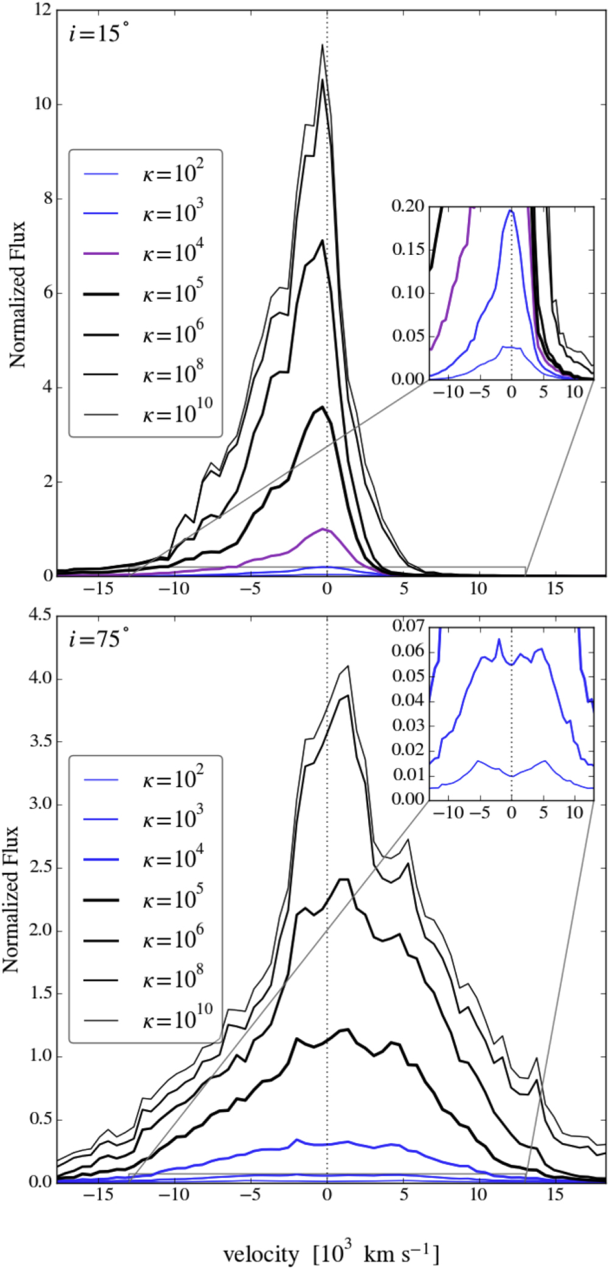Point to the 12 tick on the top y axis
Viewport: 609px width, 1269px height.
click(43, 10)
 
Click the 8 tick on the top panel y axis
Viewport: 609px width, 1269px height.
click(46, 199)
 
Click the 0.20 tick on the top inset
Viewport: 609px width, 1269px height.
click(408, 207)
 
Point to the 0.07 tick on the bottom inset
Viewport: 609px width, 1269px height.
click(408, 626)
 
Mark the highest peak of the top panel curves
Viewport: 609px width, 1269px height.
click(323, 44)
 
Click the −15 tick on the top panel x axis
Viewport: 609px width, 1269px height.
click(99, 589)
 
